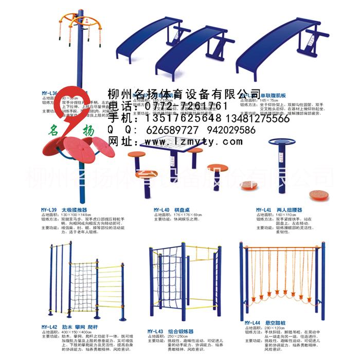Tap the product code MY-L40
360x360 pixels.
click(x=161, y=210)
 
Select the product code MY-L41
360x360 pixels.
click(x=265, y=210)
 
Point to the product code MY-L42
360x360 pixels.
click(x=49, y=327)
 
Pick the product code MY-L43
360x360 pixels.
click(x=155, y=331)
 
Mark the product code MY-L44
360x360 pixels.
click(x=254, y=322)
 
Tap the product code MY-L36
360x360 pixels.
click(x=49, y=94)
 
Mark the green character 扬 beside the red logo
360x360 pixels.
click(x=88, y=132)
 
